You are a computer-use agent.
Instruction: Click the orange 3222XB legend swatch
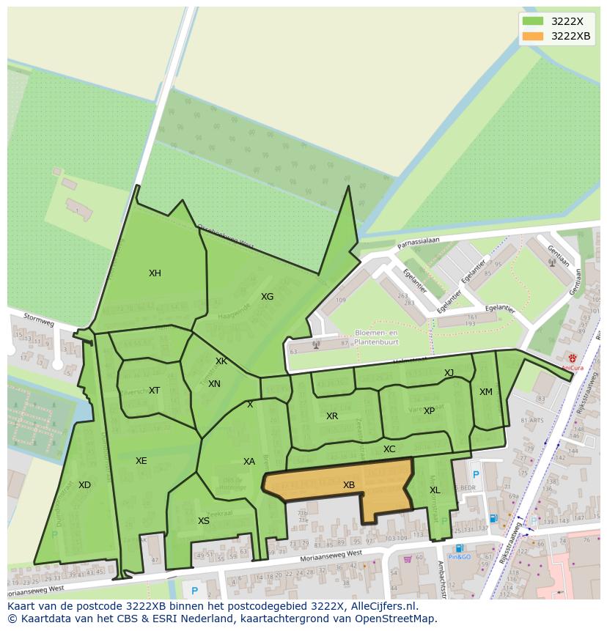point(533,36)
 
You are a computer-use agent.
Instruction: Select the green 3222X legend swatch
point(533,21)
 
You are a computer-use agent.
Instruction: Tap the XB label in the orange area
point(349,485)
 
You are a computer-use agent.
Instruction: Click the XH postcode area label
point(155,273)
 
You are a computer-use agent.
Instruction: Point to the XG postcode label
point(267,297)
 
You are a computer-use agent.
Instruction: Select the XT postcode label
point(154,391)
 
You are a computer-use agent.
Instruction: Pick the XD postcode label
point(84,485)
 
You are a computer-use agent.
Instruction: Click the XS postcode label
point(204,521)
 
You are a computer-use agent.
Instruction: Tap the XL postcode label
point(435,490)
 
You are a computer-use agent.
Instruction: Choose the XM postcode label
point(485,392)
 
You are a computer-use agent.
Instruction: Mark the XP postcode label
point(429,411)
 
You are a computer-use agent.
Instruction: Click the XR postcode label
point(332,416)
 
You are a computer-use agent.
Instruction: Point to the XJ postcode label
point(449,373)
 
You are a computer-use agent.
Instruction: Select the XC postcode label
point(389,449)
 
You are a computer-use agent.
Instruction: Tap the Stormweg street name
point(39,320)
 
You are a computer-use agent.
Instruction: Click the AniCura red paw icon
point(572,358)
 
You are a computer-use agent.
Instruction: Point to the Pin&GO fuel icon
point(459,548)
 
